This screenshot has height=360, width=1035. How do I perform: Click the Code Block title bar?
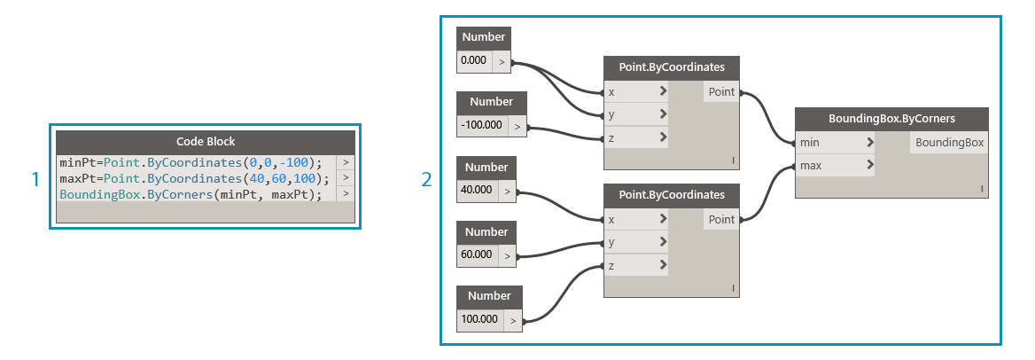(206, 142)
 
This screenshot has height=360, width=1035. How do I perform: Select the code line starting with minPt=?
(196, 162)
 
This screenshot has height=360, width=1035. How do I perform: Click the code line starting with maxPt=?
(196, 178)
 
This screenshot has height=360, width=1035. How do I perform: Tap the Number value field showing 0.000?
(475, 61)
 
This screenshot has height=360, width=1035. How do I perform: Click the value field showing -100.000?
(482, 126)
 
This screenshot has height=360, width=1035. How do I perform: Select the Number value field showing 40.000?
(477, 191)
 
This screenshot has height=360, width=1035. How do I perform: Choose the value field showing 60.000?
(477, 255)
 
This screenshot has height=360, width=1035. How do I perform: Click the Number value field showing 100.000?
(479, 319)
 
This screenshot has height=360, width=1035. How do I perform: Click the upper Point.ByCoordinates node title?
(671, 67)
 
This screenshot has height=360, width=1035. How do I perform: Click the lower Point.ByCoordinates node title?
(671, 195)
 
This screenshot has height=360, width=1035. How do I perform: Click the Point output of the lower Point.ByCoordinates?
(721, 219)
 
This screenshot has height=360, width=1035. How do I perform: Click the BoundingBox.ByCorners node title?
(891, 118)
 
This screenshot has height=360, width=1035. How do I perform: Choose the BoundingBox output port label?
(949, 142)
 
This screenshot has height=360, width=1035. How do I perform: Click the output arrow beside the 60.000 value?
(507, 255)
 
